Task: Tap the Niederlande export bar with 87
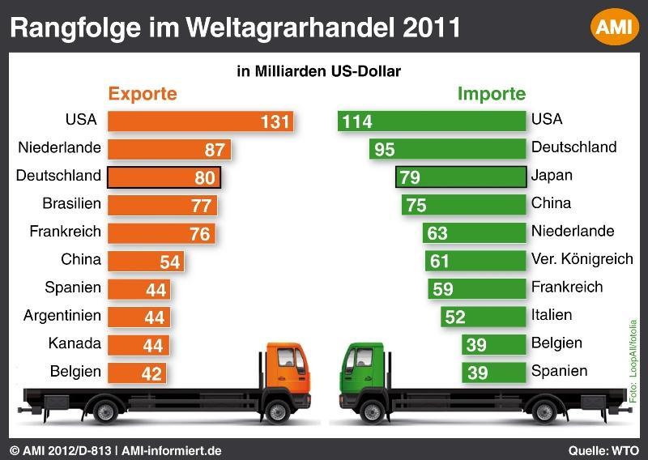(169, 150)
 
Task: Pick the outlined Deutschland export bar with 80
(164, 177)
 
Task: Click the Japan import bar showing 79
(460, 177)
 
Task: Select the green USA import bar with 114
(431, 121)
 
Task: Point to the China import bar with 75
(463, 205)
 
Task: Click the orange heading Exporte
(143, 93)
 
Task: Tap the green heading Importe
(492, 93)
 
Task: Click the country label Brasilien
(71, 203)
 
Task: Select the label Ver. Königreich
(582, 259)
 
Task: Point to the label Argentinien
(62, 315)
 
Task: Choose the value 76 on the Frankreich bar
(200, 234)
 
